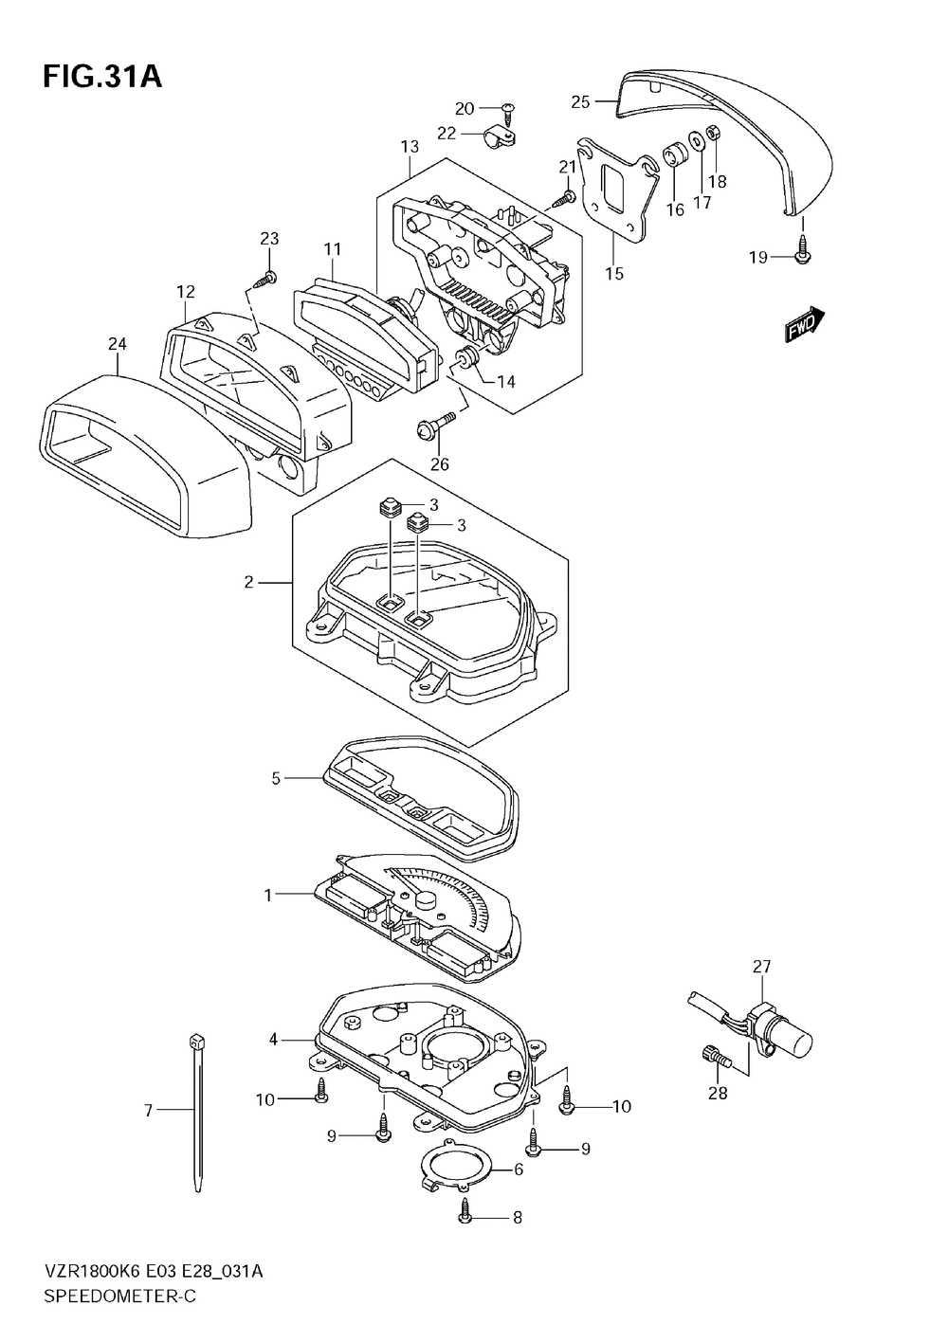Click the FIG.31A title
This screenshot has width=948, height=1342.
coord(102,78)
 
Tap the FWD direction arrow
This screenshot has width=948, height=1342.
coord(805,324)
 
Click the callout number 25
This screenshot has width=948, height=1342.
coord(580,101)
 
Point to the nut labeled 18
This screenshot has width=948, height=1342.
coord(713,132)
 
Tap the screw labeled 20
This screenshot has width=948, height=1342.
coord(508,110)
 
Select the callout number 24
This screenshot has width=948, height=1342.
coord(118,344)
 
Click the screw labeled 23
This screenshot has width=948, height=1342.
coord(264,280)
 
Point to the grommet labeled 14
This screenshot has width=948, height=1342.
coord(467,357)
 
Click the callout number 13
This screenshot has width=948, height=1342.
coord(410,146)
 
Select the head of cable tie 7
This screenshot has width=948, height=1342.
coord(194,1040)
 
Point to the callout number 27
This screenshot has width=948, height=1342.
coord(761,967)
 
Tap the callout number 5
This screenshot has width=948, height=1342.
coord(276,778)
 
